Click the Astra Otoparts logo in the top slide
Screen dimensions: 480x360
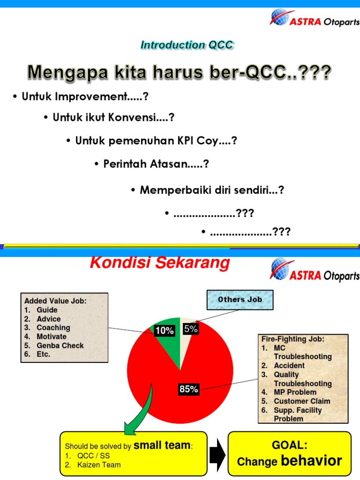[314, 19]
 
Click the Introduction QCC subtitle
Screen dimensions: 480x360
[187, 45]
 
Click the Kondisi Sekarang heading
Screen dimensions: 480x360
[159, 263]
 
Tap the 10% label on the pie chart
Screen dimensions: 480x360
[164, 330]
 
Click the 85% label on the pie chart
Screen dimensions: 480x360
[188, 389]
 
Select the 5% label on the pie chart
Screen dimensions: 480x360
[190, 329]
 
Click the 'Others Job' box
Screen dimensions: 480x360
[240, 300]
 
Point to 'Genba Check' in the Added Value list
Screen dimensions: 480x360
[60, 345]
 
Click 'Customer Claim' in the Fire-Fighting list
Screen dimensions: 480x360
[302, 401]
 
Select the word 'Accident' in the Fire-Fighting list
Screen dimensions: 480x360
[289, 366]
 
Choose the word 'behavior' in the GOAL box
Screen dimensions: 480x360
[311, 461]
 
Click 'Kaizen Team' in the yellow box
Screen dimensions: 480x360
[99, 465]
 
